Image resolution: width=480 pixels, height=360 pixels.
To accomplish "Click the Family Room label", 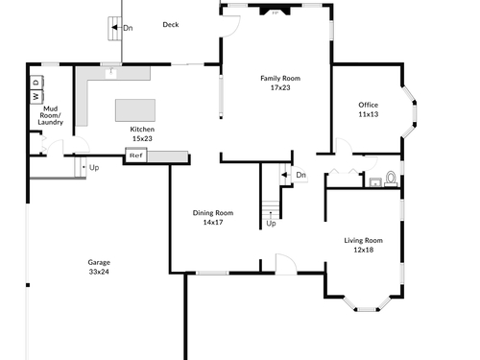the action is coord(280,79).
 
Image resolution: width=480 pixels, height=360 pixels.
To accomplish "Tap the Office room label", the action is coord(368,105).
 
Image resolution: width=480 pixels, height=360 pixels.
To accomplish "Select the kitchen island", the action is coord(135,110).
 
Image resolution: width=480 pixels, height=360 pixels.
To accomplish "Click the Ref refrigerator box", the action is coord(136,156).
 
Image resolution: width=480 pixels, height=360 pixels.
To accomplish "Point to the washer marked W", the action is coord(36,96).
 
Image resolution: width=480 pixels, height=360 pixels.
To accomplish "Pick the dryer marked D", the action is coord(36,83).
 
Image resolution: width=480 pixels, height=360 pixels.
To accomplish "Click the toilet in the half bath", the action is coord(391,180).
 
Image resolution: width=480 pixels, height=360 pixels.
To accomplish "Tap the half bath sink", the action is coord(374,182).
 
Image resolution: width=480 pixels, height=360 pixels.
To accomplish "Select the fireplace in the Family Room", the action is coord(275,12).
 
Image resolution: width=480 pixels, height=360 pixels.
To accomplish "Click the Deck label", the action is coord(171,25).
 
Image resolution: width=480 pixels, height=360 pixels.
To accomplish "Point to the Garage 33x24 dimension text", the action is coord(99,272).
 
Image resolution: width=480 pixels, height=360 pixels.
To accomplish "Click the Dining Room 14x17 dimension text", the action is coord(213,222).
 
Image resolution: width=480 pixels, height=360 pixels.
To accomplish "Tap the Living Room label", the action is coord(363,240).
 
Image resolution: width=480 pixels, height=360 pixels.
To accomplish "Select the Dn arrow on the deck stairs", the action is coord(114,28).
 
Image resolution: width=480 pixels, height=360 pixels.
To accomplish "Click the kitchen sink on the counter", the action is coord(111,73).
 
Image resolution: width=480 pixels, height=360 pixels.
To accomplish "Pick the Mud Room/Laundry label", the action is coord(50,115).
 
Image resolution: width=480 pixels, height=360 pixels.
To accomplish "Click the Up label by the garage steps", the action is coord(94,168).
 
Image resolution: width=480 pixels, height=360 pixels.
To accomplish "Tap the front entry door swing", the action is coord(286,264).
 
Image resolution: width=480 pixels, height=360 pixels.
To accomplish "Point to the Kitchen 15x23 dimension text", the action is coord(142,138).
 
